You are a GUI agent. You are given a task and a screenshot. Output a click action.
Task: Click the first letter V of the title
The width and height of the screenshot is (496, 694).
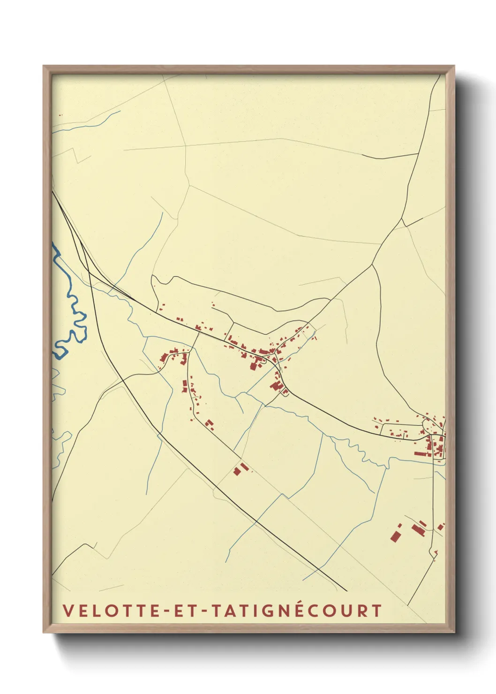67,611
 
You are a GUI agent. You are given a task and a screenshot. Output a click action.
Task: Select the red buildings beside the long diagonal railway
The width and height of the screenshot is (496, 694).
240,468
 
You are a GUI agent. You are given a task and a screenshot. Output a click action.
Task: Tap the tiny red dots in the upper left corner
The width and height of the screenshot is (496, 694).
60,115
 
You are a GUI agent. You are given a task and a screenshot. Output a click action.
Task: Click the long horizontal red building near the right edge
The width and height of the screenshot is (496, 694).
421,453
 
